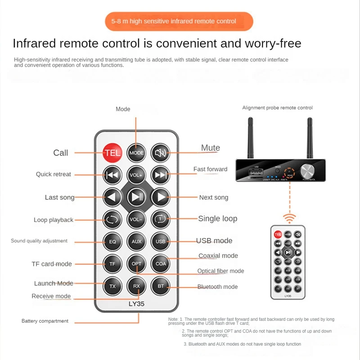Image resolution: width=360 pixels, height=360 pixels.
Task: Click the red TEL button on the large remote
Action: click(112, 153)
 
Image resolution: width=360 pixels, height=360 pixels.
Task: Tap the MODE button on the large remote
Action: click(136, 153)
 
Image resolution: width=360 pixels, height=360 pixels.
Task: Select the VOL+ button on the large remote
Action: click(136, 174)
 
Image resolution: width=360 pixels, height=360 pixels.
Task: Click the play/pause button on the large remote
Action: click(136, 197)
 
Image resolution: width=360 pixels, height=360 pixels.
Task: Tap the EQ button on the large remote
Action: click(112, 241)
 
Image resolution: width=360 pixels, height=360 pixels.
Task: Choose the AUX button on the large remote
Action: click(136, 241)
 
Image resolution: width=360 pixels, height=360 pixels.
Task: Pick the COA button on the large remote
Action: click(161, 264)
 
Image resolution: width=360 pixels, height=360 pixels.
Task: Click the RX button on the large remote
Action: click(136, 286)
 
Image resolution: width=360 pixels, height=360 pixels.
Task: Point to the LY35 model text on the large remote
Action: click(136, 304)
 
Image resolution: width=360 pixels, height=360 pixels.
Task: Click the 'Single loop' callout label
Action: click(217, 219)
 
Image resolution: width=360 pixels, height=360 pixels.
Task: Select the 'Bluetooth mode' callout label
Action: click(217, 287)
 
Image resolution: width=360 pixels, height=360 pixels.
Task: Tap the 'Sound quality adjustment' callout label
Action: click(39, 241)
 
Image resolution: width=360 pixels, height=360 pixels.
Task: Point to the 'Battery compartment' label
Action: click(45, 321)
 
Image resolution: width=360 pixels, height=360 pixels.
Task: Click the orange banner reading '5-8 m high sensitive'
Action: click(180, 21)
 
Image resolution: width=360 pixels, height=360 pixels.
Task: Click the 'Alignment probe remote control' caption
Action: click(277, 108)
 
